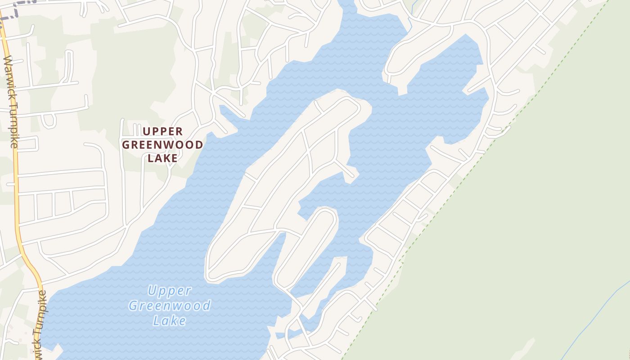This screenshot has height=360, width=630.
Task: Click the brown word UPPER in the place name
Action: coord(163,131)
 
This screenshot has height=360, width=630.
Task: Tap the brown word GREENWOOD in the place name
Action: coord(163,145)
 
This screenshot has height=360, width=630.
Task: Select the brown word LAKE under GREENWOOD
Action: coord(163,158)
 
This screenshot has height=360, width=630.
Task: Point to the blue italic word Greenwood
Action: coord(170,306)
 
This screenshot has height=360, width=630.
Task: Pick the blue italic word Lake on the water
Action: coord(170,320)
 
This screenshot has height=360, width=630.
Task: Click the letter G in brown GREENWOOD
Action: coord(126,145)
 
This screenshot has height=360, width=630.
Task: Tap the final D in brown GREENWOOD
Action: coord(199,145)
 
